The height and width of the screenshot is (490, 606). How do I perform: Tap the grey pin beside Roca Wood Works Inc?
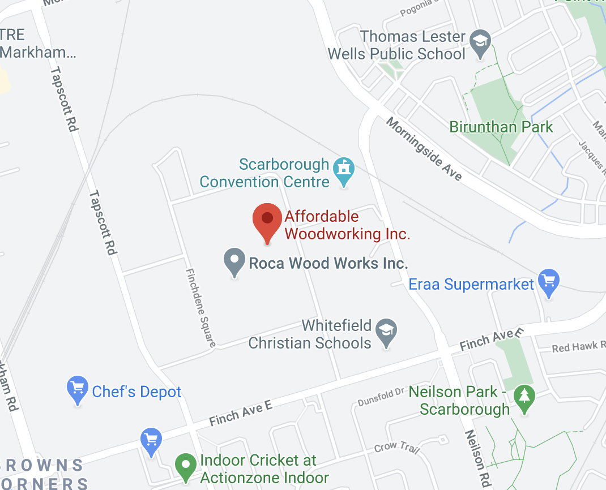pyautogui.click(x=234, y=261)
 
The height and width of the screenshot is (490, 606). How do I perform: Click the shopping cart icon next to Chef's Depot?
pyautogui.click(x=78, y=389)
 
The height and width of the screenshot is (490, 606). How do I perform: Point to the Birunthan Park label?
pyautogui.click(x=501, y=126)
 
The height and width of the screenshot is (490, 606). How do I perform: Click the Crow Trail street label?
pyautogui.click(x=397, y=448)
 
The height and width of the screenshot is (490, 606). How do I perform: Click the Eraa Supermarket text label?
pyautogui.click(x=471, y=284)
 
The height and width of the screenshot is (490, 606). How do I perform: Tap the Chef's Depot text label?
pyautogui.click(x=136, y=392)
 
